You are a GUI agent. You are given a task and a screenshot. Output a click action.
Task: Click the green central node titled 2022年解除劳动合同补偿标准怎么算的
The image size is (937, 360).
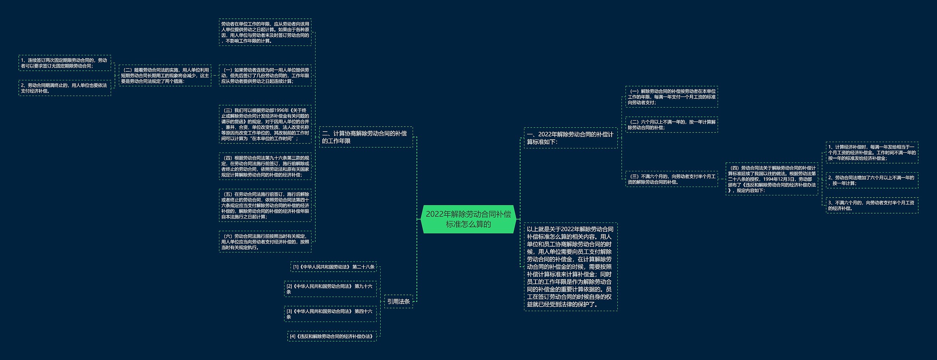468,219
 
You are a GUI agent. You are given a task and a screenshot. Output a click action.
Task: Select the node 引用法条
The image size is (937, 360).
398,301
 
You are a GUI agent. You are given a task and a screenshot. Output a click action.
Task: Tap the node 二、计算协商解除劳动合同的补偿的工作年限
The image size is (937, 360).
366,137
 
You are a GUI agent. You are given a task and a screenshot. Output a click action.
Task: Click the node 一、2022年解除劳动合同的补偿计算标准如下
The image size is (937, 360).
570,138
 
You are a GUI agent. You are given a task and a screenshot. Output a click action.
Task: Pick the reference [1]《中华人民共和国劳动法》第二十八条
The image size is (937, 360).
333,267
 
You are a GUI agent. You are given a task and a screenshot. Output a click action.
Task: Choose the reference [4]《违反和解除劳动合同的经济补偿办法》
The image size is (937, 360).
332,336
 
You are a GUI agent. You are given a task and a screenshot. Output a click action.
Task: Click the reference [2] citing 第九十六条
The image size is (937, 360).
330,289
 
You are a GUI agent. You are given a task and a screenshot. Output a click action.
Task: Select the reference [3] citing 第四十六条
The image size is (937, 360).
330,314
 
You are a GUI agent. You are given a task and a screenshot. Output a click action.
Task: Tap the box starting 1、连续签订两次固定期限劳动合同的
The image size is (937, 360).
64,63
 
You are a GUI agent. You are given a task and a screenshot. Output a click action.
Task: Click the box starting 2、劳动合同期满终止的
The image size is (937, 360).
64,88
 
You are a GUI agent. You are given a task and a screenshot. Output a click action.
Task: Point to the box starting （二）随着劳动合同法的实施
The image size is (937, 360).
165,76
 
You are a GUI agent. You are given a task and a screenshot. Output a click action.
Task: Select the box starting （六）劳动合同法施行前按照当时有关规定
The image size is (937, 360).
265,242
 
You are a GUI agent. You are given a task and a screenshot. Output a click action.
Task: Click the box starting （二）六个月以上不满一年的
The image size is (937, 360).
672,125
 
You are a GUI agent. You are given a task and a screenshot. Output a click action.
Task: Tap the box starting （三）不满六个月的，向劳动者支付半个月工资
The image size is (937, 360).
672,179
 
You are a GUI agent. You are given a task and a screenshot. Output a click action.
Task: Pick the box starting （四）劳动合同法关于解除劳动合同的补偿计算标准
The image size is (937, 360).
772,179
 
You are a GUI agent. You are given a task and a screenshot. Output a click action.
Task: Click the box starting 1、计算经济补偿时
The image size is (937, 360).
872,153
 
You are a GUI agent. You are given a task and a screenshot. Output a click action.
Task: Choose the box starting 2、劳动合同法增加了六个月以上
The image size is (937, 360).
872,180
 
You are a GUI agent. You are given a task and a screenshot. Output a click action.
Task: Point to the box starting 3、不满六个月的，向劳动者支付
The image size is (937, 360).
872,205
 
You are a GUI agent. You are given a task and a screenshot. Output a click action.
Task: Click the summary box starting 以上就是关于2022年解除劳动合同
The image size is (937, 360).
570,267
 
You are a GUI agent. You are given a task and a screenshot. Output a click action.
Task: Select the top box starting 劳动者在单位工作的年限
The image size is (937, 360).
265,32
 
